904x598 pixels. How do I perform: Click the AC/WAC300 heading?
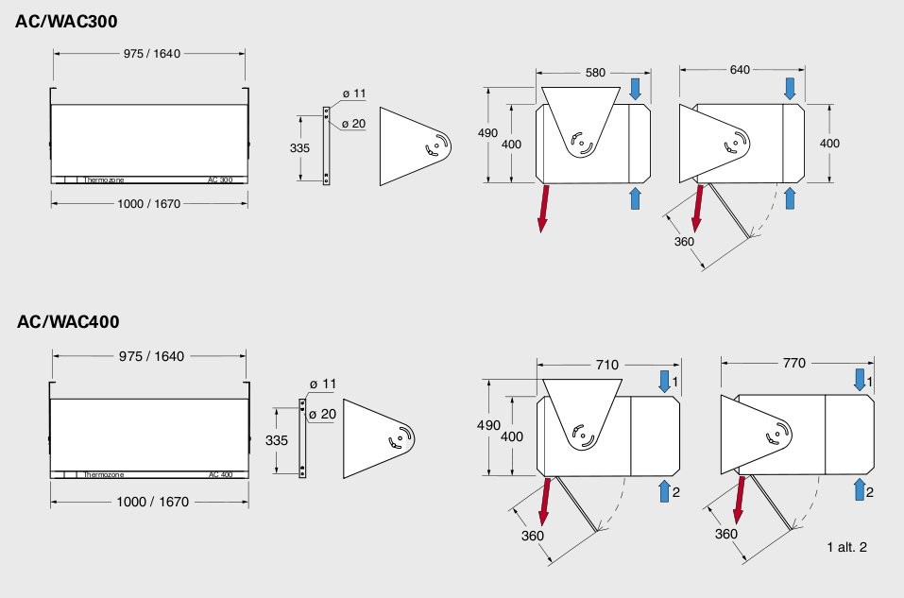(x=66, y=22)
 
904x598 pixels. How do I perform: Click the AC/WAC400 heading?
(x=68, y=321)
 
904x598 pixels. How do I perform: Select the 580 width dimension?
(x=595, y=73)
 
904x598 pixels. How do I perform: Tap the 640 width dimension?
(x=740, y=70)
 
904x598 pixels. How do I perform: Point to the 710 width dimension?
(x=607, y=365)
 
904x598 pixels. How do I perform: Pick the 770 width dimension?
(x=793, y=364)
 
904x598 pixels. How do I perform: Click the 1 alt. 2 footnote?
(x=846, y=547)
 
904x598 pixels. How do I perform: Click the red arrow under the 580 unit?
(x=542, y=208)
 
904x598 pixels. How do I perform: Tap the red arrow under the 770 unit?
(x=739, y=500)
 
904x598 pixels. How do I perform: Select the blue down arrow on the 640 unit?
(x=790, y=89)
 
